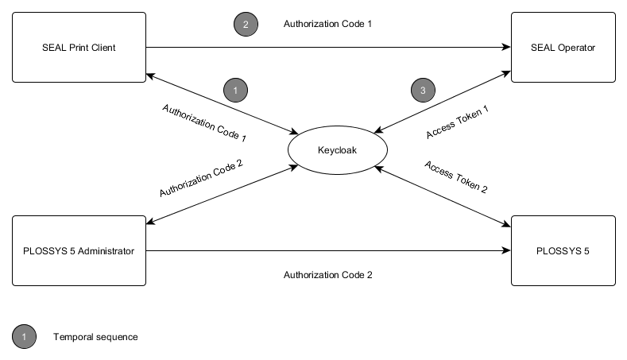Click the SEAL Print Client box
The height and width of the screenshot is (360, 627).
(79, 48)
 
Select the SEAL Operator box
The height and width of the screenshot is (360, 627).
(563, 48)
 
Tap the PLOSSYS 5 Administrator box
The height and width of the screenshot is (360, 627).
(79, 251)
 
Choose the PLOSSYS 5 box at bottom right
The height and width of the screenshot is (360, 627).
(563, 251)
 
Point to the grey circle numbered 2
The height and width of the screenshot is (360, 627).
(245, 25)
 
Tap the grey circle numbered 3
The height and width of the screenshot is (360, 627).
(423, 91)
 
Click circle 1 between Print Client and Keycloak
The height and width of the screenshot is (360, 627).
(235, 91)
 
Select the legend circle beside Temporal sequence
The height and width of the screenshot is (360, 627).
(25, 337)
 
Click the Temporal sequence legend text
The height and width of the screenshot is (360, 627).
(95, 337)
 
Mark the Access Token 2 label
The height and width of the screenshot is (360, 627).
(456, 177)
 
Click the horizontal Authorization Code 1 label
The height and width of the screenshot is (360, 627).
(327, 24)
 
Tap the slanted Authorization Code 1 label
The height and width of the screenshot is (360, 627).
(204, 122)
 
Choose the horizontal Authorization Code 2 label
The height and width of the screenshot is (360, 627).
(327, 275)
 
